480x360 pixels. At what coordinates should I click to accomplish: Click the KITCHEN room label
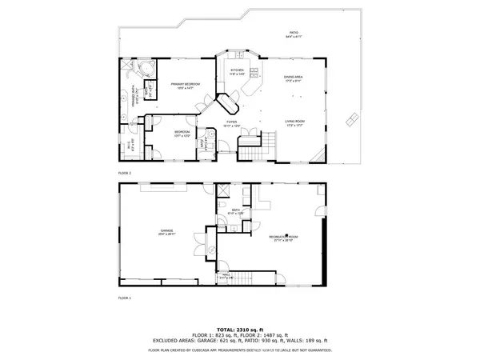click(237, 72)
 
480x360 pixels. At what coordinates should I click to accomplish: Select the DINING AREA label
click(293, 78)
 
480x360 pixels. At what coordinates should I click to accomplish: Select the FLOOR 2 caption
click(124, 173)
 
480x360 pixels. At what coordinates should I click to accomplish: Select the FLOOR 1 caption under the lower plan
click(124, 298)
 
